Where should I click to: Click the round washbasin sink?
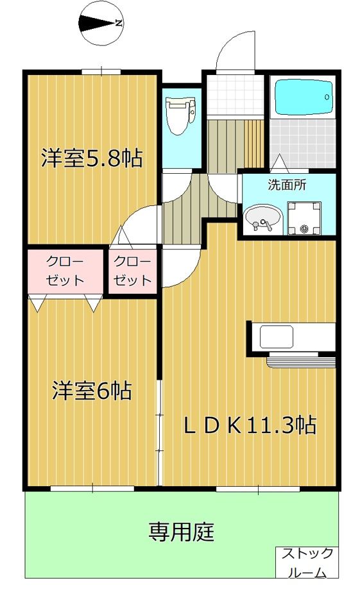(x=262, y=217)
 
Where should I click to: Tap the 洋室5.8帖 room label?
(x=92, y=158)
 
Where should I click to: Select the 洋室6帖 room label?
(x=92, y=391)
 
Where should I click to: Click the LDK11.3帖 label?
(x=250, y=425)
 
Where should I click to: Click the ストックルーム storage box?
(x=307, y=563)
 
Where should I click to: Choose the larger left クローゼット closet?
(x=65, y=271)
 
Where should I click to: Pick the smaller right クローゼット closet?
(x=133, y=271)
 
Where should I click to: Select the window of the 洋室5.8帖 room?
(x=101, y=71)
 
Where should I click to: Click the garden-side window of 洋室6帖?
(x=92, y=489)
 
